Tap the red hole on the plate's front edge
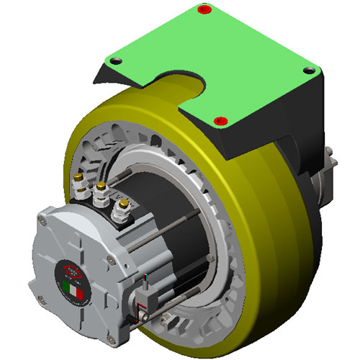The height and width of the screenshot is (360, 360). [221, 119]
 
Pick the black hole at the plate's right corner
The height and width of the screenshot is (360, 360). [310, 70]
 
